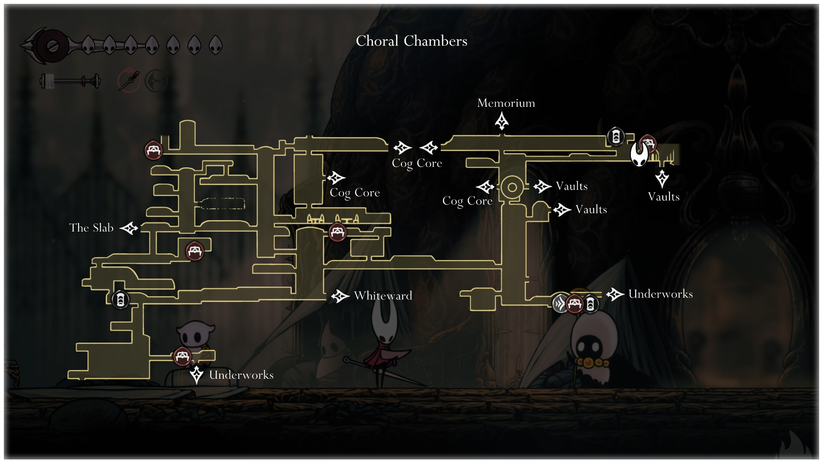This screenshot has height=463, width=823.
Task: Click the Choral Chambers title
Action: pos(411,41)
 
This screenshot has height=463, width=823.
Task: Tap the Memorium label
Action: pos(506,103)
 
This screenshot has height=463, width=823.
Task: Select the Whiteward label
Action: pos(383,295)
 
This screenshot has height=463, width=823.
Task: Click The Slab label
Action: pos(91,228)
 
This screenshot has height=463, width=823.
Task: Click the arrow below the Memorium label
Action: pos(502,121)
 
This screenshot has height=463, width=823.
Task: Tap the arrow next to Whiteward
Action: pos(340,296)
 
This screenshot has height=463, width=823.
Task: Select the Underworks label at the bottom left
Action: pos(241,375)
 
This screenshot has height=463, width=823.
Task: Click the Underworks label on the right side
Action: pos(660,294)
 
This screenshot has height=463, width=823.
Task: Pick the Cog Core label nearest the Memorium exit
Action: pos(417,163)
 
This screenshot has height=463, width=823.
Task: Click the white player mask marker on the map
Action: pos(639,154)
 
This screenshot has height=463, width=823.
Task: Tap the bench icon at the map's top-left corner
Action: pos(153,150)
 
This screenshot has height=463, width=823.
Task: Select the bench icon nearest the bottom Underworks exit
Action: pos(182,356)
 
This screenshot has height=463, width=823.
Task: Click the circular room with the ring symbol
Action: pos(512,187)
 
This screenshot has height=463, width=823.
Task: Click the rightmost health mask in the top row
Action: pos(216,45)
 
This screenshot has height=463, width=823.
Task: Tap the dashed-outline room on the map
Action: pos(222,204)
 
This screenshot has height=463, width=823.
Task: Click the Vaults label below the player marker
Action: pos(664,197)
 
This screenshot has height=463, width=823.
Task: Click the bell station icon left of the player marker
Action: pos(616,137)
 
